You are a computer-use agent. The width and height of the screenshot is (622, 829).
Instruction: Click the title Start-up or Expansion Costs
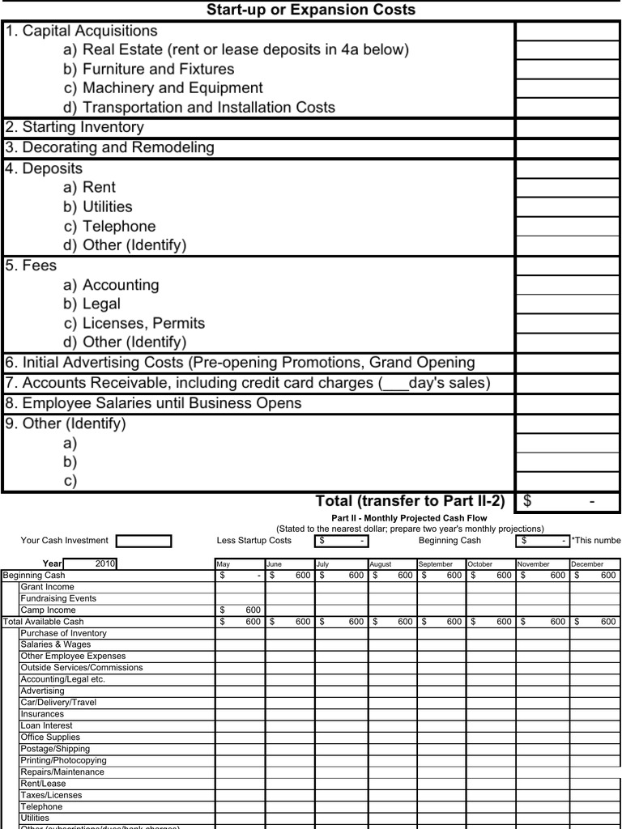click(311, 10)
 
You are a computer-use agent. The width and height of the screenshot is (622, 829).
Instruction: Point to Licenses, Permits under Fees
click(134, 323)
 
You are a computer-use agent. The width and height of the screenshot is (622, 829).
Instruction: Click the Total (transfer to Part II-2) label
click(410, 501)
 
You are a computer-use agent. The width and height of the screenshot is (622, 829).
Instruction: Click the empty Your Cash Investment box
click(143, 541)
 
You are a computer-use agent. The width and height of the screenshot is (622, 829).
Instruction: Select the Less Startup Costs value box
click(341, 541)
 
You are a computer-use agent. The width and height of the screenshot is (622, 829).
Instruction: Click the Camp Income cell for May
click(240, 610)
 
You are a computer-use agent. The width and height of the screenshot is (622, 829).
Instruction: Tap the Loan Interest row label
click(46, 725)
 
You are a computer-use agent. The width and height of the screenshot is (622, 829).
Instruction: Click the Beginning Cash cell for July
click(341, 575)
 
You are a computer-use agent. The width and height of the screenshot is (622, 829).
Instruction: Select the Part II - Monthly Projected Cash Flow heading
click(410, 518)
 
